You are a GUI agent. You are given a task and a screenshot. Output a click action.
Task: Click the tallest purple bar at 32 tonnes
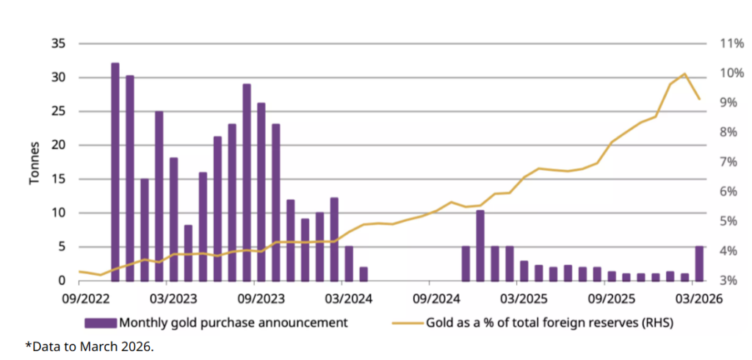tap(115, 171)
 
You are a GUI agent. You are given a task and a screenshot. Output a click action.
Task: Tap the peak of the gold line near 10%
tap(684, 73)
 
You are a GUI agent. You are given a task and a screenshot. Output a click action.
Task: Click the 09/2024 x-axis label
tap(433, 299)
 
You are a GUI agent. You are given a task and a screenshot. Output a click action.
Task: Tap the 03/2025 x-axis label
tap(521, 299)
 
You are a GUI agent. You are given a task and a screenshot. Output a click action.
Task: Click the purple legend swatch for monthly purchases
tap(100, 323)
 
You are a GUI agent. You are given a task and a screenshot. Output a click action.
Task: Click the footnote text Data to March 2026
tap(90, 346)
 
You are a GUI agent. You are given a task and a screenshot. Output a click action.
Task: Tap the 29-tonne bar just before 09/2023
tap(247, 182)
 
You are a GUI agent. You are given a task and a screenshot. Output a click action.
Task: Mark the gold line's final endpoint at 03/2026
tap(699, 98)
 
